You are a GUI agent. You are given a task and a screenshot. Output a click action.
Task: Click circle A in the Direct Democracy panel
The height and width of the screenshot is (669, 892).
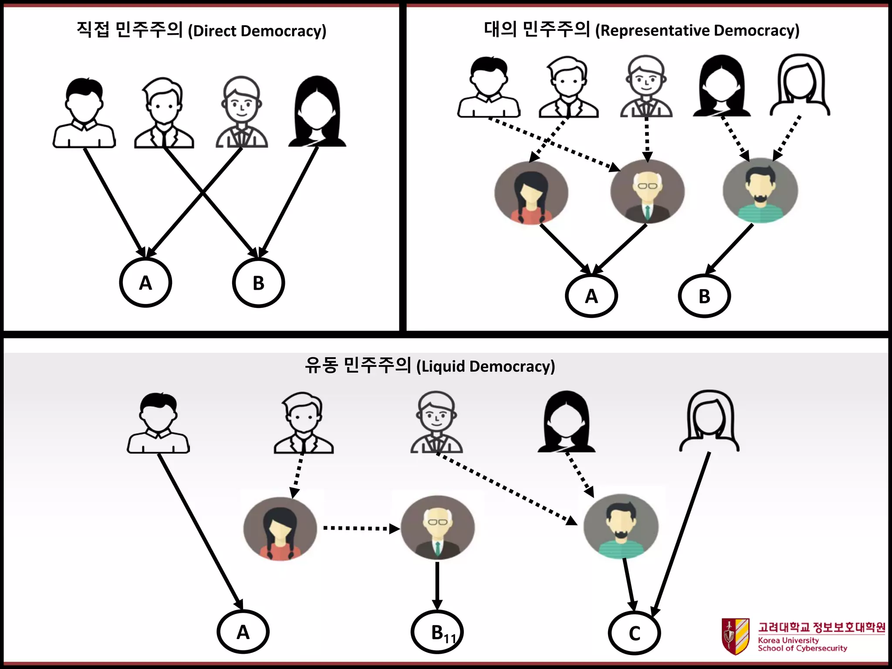coord(145,283)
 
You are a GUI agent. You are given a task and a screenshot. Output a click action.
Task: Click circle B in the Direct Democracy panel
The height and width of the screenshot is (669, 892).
coord(258,283)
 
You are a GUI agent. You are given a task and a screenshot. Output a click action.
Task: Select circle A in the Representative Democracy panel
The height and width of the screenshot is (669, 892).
coord(591,296)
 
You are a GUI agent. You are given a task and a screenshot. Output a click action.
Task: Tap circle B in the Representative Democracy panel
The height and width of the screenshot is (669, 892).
coord(704,296)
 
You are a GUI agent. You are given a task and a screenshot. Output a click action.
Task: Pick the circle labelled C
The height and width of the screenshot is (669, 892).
coord(634,633)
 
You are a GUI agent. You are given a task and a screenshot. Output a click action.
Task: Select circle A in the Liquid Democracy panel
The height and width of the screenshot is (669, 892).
coord(243,632)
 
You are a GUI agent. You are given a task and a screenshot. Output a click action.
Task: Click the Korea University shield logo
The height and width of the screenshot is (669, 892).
coord(735,636)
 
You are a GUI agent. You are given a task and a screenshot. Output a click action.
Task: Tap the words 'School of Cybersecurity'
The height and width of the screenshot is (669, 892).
coord(802,648)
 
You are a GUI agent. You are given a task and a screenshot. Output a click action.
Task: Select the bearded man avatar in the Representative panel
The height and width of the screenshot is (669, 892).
coord(760,191)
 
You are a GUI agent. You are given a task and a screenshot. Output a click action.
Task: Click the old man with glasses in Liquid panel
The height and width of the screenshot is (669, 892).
coord(437,527)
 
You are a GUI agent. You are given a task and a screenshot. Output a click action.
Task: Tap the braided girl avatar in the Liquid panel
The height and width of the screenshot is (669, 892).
coord(280,529)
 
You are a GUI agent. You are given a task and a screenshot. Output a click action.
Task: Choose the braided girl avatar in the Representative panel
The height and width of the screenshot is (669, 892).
coord(531,193)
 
